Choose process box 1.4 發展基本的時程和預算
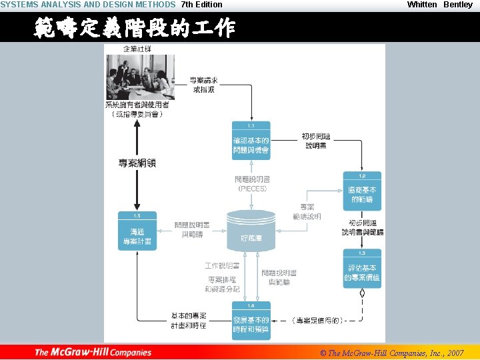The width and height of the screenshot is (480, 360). [251, 323]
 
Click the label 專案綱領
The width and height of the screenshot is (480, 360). [137, 163]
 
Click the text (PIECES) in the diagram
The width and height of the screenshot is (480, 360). [252, 189]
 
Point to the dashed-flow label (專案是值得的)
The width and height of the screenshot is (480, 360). [319, 321]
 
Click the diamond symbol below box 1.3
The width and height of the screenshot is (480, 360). [362, 293]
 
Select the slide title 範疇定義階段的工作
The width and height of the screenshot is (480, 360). [134, 29]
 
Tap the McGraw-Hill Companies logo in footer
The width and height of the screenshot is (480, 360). [93, 352]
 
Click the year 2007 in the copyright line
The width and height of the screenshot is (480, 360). [455, 353]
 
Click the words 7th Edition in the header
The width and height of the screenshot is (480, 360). [202, 5]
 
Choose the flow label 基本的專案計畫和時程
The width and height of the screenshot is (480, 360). [189, 320]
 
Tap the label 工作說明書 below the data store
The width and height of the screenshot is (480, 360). [223, 266]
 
